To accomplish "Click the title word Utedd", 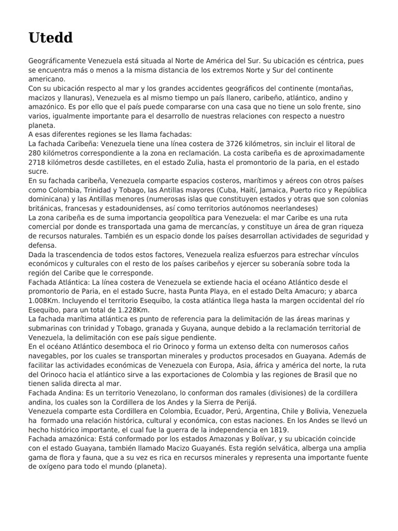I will [50, 38].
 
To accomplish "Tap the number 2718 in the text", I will [38, 162].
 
